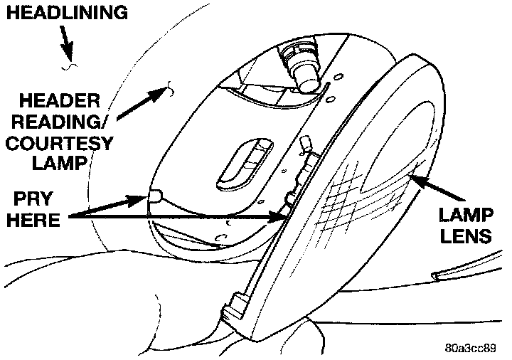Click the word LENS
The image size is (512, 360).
coord(466,235)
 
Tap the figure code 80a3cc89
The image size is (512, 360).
coord(472,349)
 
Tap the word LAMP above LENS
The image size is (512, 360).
coord(465,214)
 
